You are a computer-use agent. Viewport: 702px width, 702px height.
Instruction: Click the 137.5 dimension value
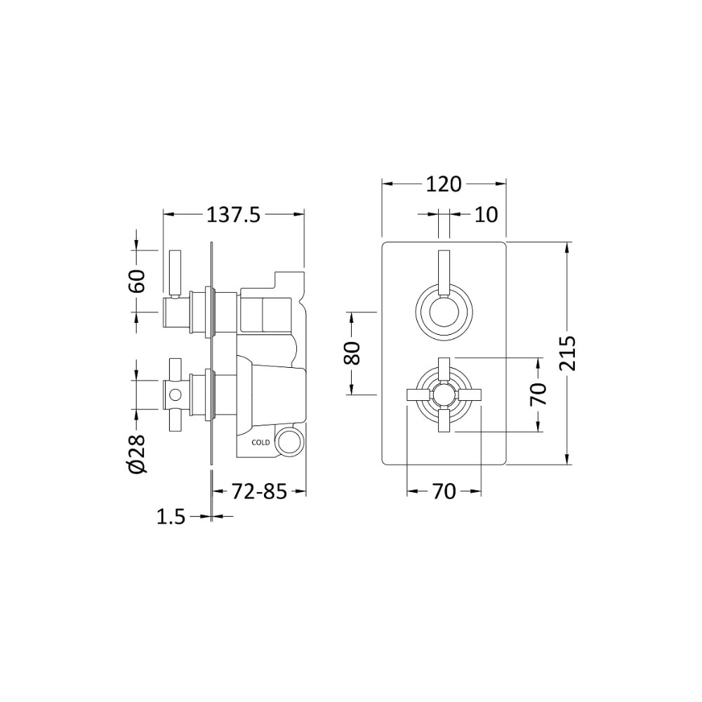pos(233,216)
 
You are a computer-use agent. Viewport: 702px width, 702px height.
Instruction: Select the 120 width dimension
pos(443,184)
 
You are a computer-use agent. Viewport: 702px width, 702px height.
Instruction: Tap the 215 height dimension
pos(567,354)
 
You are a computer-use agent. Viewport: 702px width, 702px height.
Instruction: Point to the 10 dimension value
pos(486,215)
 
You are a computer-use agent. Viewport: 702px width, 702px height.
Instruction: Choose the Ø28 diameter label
pos(137,453)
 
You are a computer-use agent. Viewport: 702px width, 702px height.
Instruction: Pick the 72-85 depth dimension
pos(259,492)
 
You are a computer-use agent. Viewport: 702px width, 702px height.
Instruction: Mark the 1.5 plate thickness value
pos(171,517)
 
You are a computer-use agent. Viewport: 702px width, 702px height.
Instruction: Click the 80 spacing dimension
pos(352,353)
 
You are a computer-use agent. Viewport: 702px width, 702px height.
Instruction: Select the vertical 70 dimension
pos(538,395)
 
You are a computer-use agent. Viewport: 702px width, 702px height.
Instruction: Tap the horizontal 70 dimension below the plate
pos(444,492)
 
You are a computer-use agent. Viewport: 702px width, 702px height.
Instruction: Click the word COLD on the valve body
pos(260,442)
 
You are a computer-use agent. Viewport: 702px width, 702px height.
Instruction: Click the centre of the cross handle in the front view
pos(443,395)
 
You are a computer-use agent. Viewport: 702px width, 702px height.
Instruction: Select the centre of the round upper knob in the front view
pos(443,312)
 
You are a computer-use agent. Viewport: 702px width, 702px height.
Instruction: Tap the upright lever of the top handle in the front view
pos(444,274)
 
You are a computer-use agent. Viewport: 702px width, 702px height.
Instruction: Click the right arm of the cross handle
pos(469,395)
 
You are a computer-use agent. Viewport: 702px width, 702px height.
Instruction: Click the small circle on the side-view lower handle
pos(175,395)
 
